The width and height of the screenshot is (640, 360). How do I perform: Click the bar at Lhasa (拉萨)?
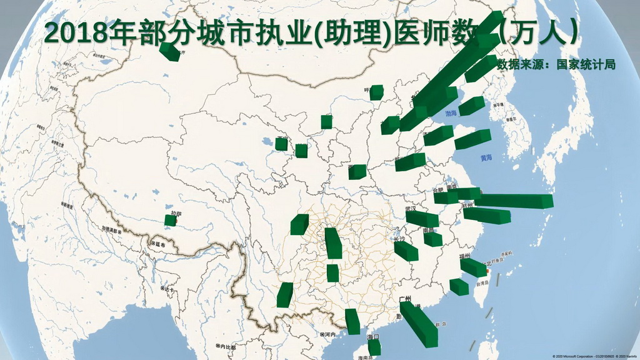(170, 220)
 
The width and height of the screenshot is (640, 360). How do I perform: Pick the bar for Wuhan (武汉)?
(422, 219)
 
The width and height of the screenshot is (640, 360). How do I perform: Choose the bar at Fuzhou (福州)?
(473, 267)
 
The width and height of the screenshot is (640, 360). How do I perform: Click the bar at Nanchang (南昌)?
(432, 239)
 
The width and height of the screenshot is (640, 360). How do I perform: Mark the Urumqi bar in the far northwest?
(169, 51)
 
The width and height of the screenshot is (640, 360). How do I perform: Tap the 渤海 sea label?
(451, 113)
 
